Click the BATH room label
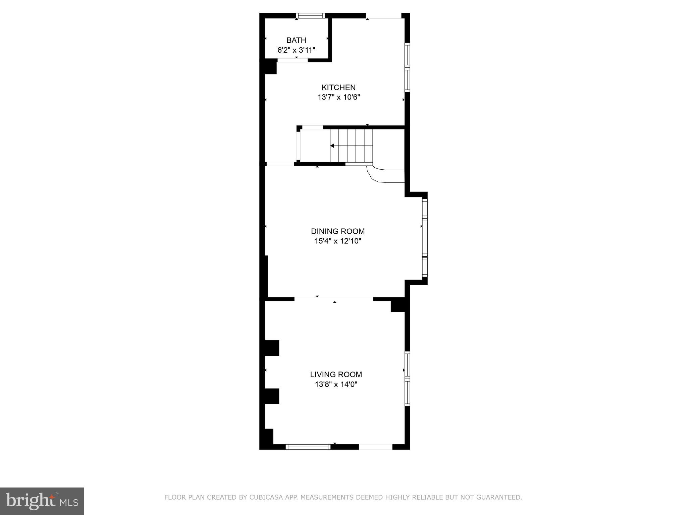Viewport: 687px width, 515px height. pyautogui.click(x=296, y=41)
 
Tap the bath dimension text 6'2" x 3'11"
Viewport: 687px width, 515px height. pyautogui.click(x=296, y=50)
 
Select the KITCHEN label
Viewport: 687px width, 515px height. pyautogui.click(x=338, y=88)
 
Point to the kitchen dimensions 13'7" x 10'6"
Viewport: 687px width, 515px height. pyautogui.click(x=338, y=98)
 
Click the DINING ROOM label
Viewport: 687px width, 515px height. pyautogui.click(x=338, y=231)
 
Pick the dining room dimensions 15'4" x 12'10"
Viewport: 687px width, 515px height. pyautogui.click(x=338, y=241)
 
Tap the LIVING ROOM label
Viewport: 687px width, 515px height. pyautogui.click(x=336, y=375)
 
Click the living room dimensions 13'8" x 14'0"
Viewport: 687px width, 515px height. pyautogui.click(x=336, y=384)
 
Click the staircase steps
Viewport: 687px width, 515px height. pyautogui.click(x=351, y=146)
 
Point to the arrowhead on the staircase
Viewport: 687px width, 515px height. pyautogui.click(x=332, y=146)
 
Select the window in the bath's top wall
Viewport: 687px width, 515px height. pyautogui.click(x=310, y=15)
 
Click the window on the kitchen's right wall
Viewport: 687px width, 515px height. pyautogui.click(x=407, y=67)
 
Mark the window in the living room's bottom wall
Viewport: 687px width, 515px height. pyautogui.click(x=308, y=447)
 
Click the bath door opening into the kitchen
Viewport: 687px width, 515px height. pyautogui.click(x=293, y=60)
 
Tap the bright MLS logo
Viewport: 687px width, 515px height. pyautogui.click(x=42, y=501)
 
